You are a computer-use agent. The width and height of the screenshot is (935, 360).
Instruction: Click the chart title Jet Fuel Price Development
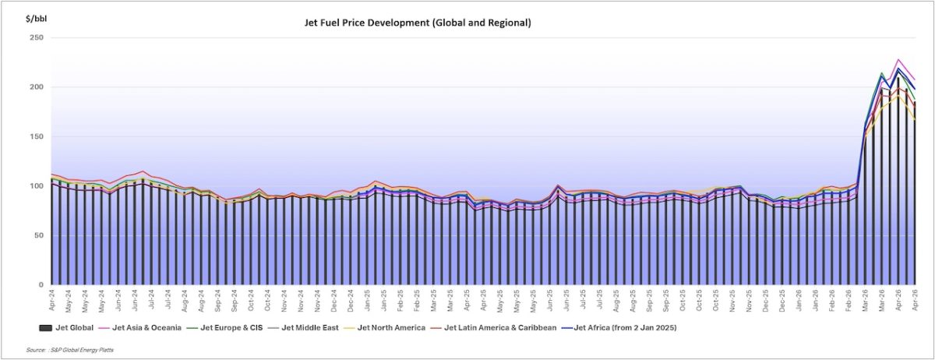click(x=417, y=23)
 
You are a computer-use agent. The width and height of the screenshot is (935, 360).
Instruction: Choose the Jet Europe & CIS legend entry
click(x=234, y=328)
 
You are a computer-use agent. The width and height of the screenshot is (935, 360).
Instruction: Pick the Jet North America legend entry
click(x=390, y=328)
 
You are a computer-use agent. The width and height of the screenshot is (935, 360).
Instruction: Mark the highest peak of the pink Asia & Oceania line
click(x=898, y=59)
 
